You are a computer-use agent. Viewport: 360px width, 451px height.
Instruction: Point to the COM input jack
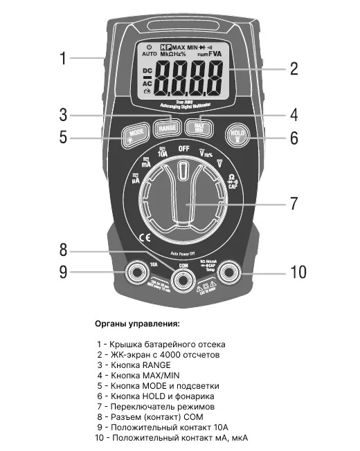click(184, 279)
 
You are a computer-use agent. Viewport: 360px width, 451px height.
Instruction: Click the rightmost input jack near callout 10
click(231, 275)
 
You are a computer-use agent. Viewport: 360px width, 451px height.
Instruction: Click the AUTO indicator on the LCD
click(150, 53)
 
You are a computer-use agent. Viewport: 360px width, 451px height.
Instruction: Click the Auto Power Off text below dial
click(183, 254)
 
